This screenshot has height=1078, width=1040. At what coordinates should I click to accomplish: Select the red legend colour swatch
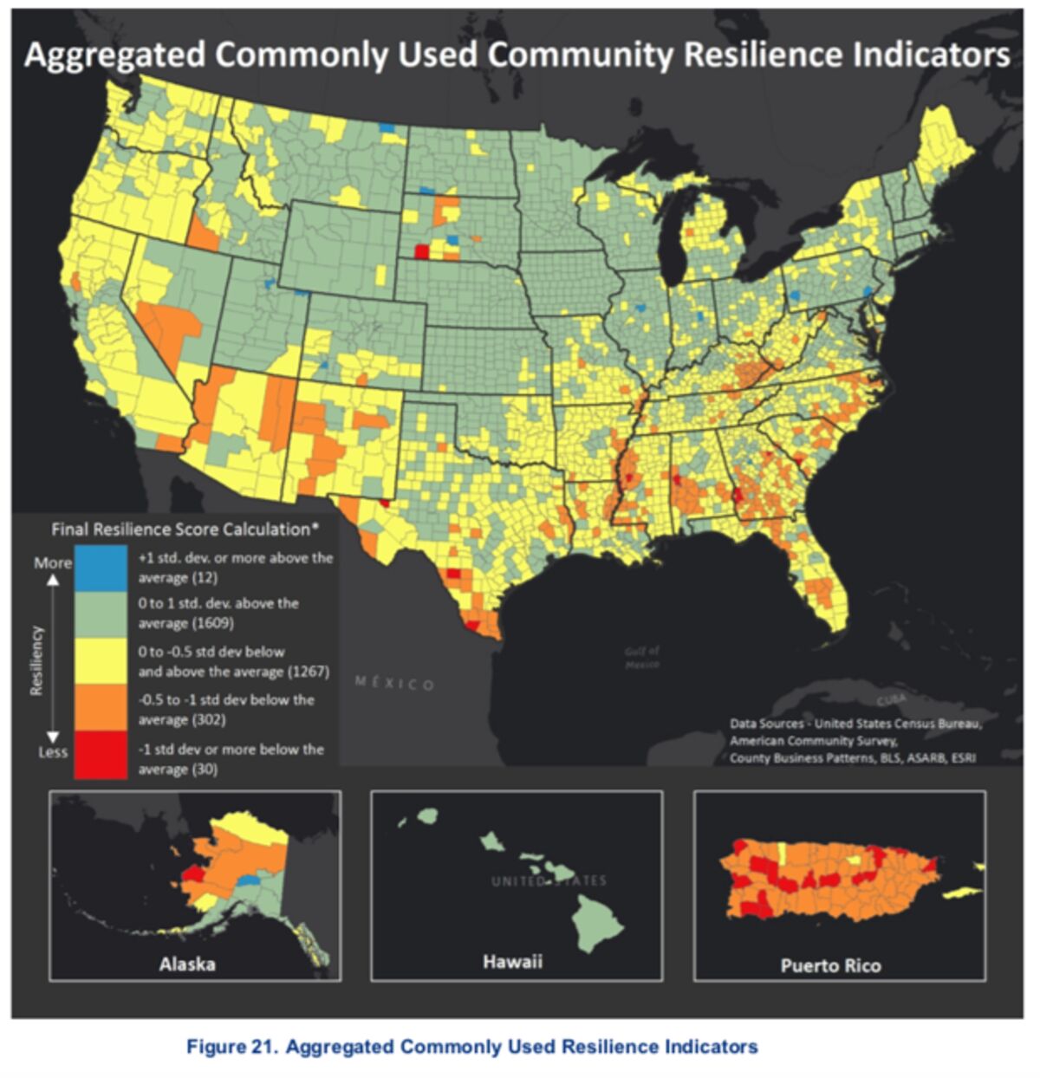(101, 756)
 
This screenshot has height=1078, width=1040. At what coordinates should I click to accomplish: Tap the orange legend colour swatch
(101, 709)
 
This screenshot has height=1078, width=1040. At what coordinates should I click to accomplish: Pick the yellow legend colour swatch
(101, 662)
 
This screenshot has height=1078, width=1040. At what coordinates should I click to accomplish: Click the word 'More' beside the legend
(53, 562)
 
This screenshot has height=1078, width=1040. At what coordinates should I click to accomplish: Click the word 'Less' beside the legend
(53, 752)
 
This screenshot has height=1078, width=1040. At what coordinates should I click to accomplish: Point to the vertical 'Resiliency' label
(36, 659)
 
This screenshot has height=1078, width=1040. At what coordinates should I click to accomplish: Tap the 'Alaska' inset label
(187, 964)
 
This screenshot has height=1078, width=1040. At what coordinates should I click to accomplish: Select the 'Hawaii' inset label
(512, 961)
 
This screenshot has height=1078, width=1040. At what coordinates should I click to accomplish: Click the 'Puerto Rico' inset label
(830, 965)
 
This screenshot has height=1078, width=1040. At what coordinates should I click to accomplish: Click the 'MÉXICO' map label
(394, 684)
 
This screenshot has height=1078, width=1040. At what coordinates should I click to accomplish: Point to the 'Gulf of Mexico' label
(642, 657)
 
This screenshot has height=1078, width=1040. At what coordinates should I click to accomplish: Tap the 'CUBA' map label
(891, 699)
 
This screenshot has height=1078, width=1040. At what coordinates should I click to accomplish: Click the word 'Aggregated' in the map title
(115, 55)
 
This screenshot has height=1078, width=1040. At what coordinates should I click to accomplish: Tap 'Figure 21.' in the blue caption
(231, 1047)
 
